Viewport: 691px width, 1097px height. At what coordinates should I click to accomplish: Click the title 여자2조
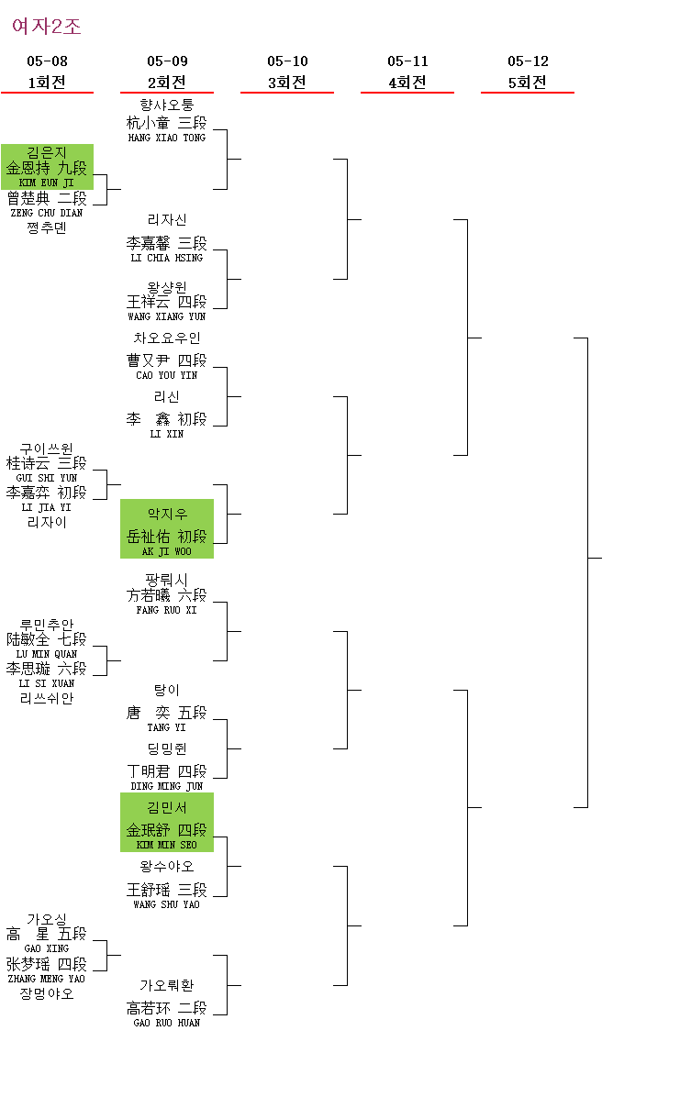47,27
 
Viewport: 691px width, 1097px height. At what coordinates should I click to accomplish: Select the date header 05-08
47,61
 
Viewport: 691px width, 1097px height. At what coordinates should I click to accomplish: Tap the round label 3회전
287,82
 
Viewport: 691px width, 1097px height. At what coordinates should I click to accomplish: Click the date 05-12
528,61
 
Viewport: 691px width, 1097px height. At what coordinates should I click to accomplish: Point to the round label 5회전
528,82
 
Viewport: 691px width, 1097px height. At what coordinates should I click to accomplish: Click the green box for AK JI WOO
167,528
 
